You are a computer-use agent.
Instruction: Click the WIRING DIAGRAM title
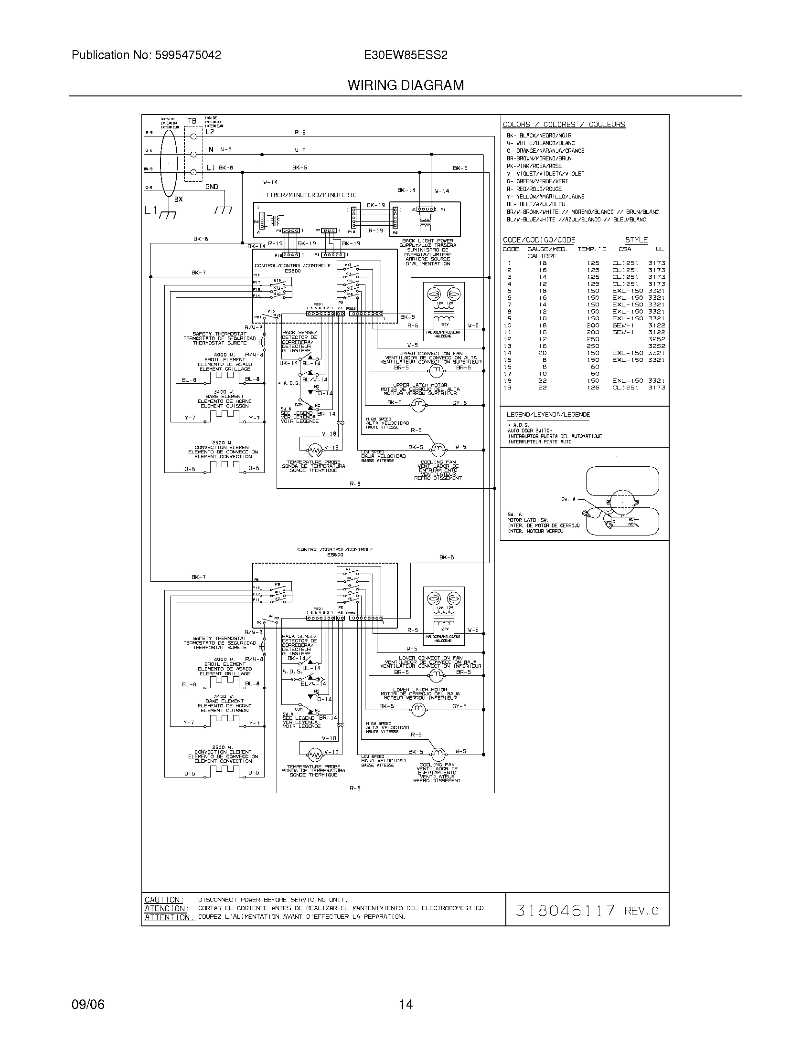[x=406, y=85]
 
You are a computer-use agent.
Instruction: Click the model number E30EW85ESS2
[x=406, y=55]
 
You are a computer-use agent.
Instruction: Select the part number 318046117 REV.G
[x=587, y=910]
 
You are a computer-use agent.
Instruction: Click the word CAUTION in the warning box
[x=163, y=900]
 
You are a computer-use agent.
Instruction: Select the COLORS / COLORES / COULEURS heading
[x=564, y=125]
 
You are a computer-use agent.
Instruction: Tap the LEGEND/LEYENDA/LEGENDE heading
[x=548, y=414]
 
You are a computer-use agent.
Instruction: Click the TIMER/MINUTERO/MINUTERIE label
[x=311, y=195]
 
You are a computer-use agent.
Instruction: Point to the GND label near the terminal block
[x=212, y=187]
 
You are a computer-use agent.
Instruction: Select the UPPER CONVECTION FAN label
[x=430, y=353]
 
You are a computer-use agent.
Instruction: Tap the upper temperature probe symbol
[x=315, y=450]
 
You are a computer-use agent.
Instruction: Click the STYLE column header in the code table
[x=636, y=240]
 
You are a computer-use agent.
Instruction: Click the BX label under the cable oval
[x=178, y=199]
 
